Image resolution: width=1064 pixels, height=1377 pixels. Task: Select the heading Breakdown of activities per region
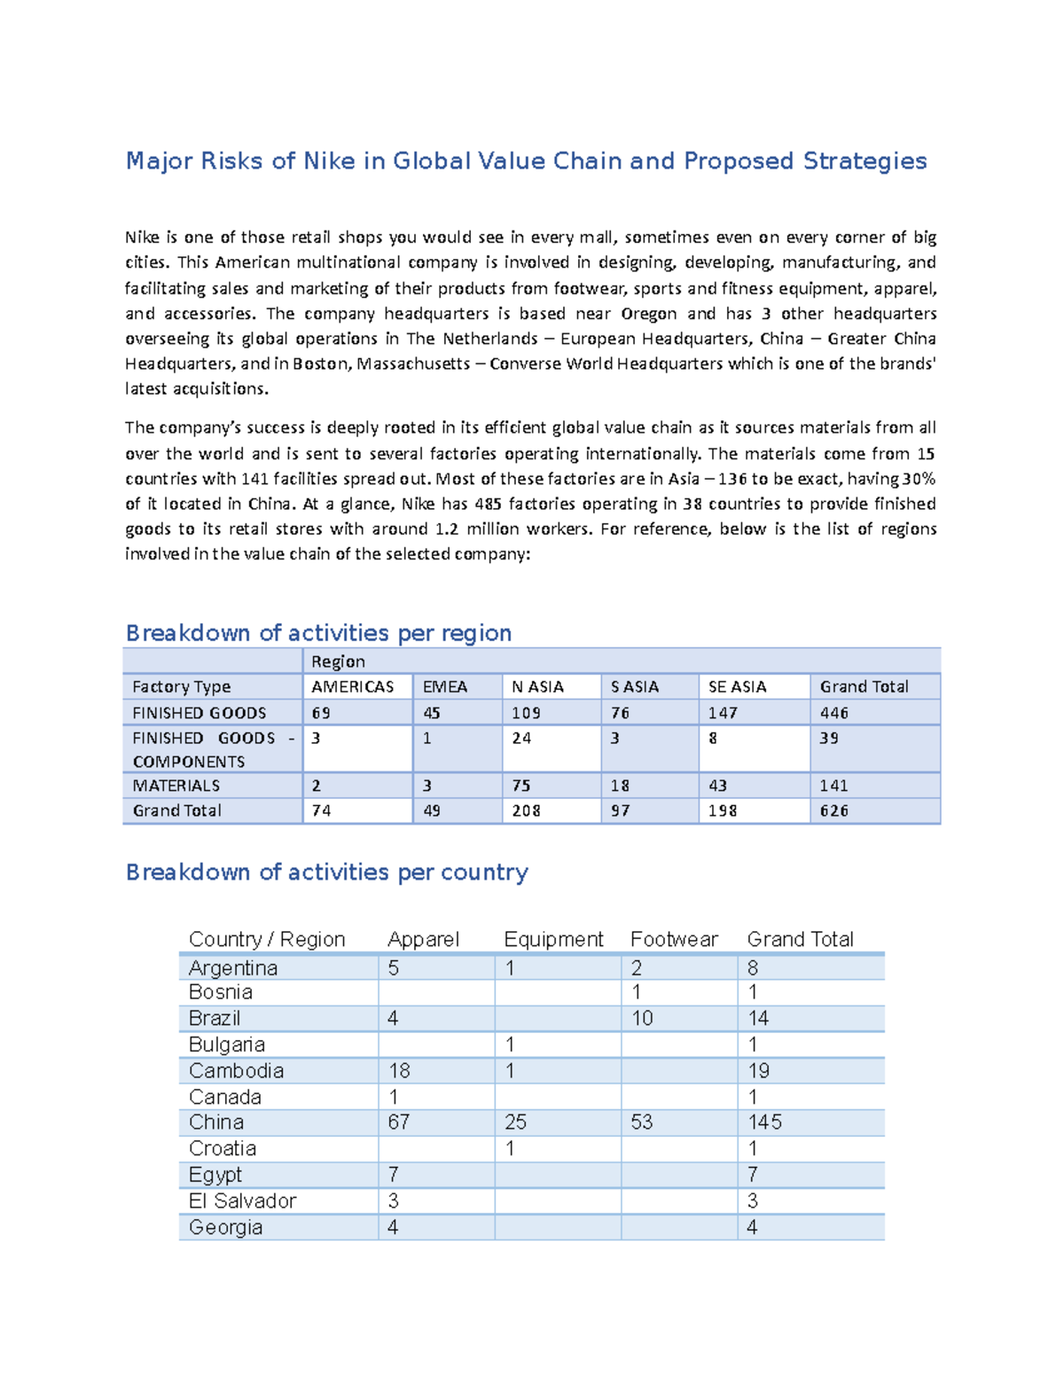(318, 633)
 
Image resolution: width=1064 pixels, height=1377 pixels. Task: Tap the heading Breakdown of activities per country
(326, 872)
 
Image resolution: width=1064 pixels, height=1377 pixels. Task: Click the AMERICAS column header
(352, 687)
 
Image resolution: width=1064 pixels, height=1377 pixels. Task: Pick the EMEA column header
(445, 687)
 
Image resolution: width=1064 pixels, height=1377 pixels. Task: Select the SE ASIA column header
(737, 687)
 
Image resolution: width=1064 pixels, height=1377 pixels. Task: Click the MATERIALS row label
(176, 786)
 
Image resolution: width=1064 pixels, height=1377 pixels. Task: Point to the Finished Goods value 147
(723, 713)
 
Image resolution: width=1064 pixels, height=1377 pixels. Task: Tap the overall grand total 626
(833, 810)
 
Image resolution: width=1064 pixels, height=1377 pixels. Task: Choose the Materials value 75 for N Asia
(520, 786)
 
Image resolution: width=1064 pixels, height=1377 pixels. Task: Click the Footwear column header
(674, 939)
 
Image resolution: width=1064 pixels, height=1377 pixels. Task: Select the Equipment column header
(553, 939)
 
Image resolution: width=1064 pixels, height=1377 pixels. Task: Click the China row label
(216, 1123)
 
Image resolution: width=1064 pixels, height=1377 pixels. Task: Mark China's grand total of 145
(764, 1123)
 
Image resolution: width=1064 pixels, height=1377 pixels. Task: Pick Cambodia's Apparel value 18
(399, 1071)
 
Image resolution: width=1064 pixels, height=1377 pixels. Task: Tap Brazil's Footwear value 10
(642, 1019)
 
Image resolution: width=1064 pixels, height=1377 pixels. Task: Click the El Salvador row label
(242, 1201)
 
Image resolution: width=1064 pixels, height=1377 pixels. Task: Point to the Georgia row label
(225, 1228)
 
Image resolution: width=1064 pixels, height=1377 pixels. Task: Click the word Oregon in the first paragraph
(648, 314)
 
